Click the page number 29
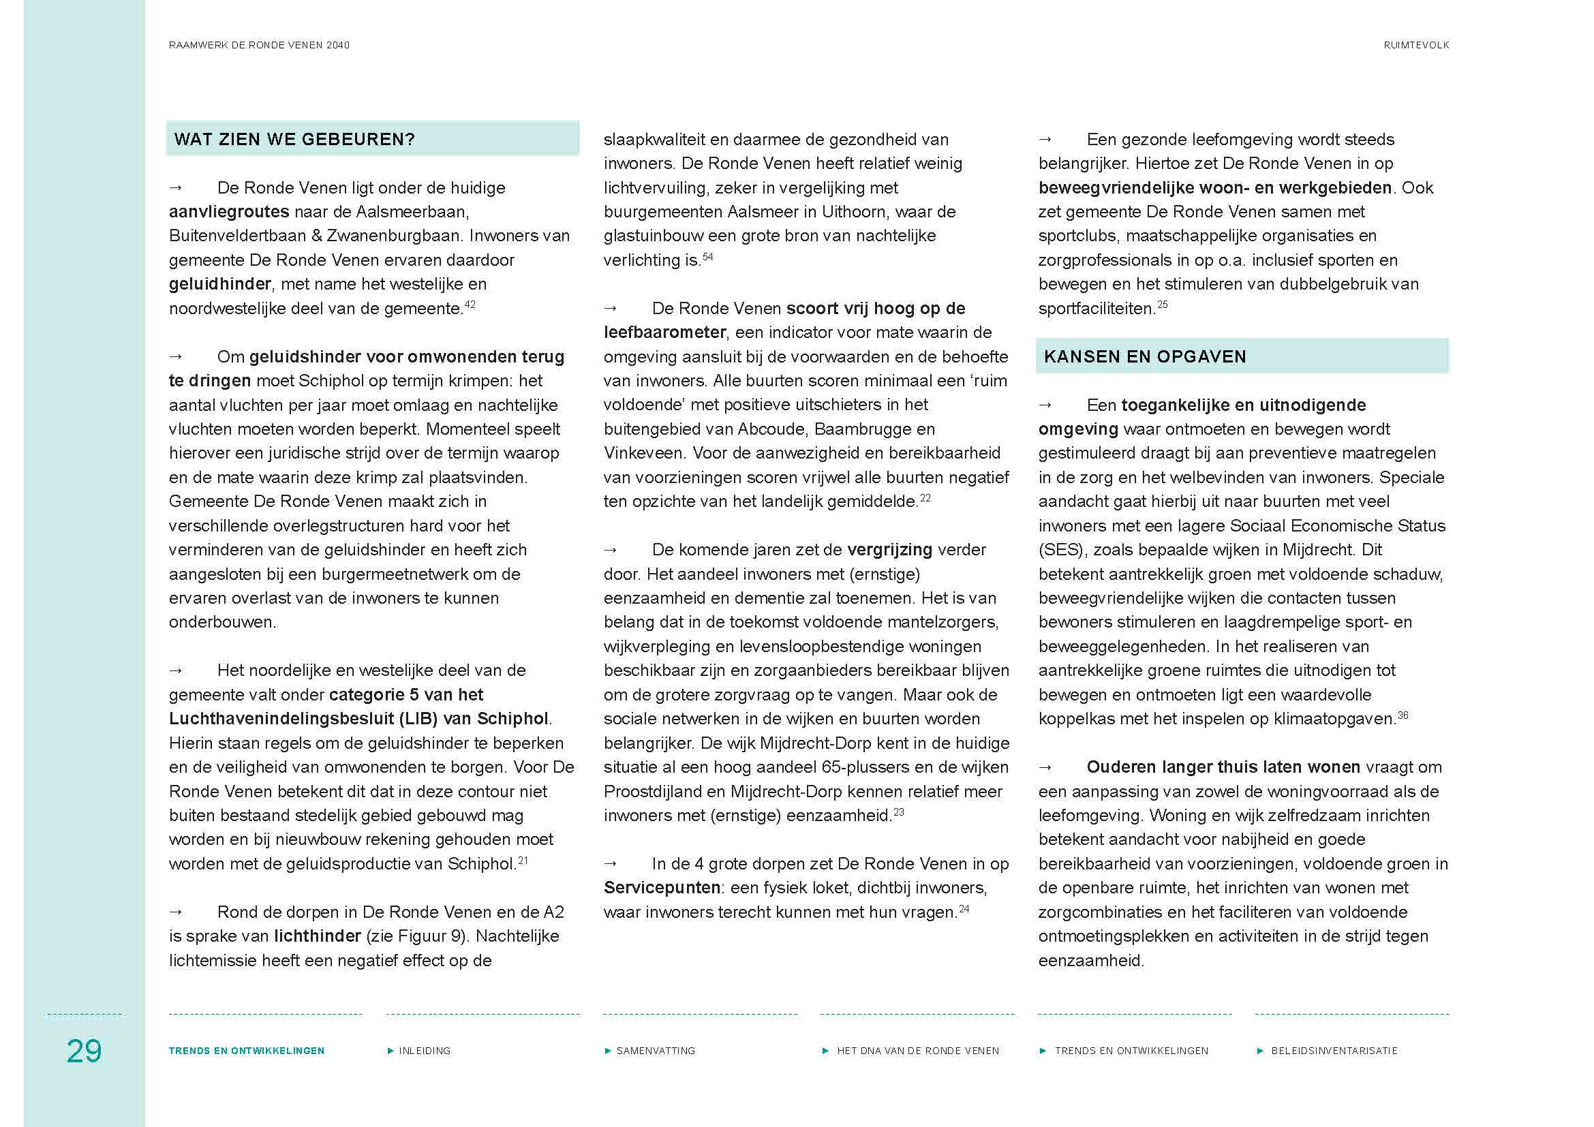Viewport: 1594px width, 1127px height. tap(84, 1051)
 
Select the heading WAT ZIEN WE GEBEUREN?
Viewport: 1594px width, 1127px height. tap(294, 140)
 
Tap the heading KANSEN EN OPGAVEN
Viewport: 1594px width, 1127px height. tap(1145, 356)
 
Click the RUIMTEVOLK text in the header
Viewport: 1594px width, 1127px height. tap(1415, 45)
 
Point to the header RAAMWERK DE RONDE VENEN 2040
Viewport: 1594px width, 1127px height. tap(259, 45)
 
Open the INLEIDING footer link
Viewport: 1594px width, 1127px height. tap(424, 1051)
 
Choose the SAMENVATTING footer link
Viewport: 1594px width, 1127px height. tap(656, 1051)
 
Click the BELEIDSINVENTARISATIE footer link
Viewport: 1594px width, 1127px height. tap(1334, 1051)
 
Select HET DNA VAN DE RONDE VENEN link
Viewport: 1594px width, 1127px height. tap(917, 1051)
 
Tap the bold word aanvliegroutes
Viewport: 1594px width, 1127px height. tap(229, 212)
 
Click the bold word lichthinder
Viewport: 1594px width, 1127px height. tap(318, 936)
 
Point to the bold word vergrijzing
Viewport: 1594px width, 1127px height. tap(889, 550)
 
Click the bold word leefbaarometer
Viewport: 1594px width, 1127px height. tap(664, 333)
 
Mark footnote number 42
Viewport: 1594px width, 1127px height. tap(470, 305)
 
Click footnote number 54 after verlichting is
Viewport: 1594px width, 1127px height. tap(707, 257)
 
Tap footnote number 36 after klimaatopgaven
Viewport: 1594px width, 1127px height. tap(1403, 715)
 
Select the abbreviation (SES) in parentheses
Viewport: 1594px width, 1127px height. tap(1061, 550)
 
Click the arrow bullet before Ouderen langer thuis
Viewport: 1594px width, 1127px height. tap(1045, 767)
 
